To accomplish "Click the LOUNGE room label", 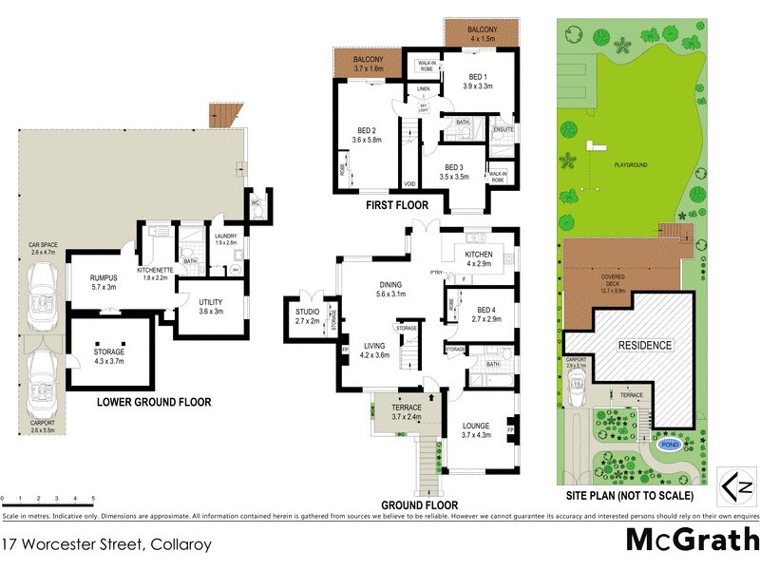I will tap(474, 429).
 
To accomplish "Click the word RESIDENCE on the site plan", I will tap(646, 345).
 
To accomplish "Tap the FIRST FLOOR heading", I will tap(396, 205).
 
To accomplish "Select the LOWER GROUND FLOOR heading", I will tap(154, 402).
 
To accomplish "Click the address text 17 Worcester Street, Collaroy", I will tap(106, 545).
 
